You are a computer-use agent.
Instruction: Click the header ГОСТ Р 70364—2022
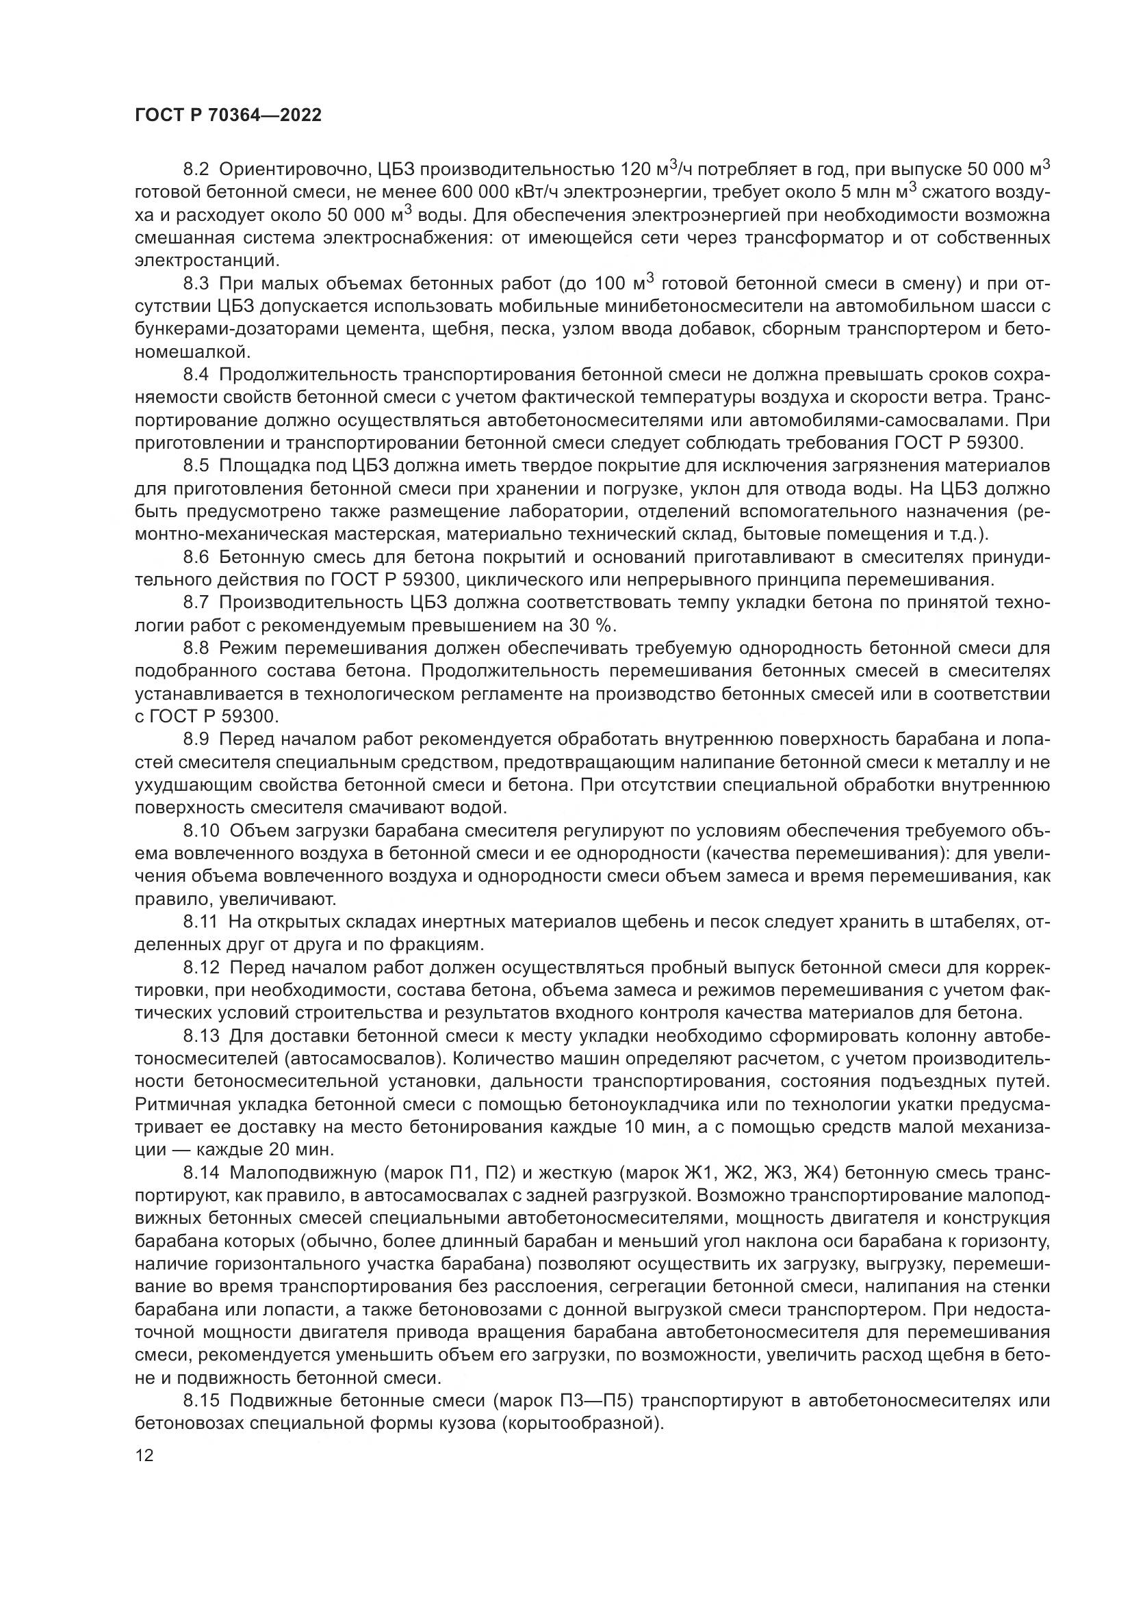tap(228, 116)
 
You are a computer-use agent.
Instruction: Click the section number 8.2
tap(196, 170)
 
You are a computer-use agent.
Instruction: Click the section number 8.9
tap(196, 739)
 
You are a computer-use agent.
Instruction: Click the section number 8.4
tap(196, 374)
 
